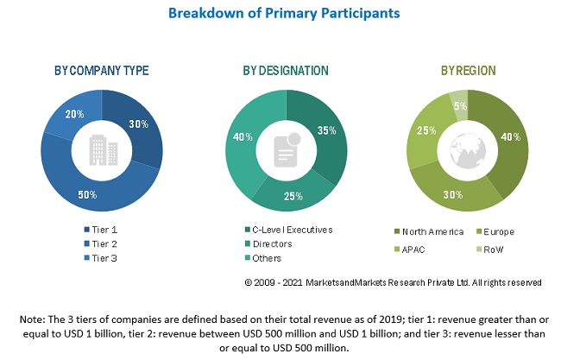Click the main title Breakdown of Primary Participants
point(280,14)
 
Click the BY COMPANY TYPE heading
point(101,71)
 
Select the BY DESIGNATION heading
point(286,71)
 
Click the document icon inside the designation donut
point(286,148)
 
